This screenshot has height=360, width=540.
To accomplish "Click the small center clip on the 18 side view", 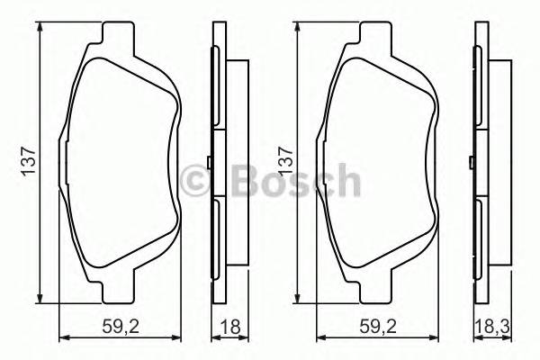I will coord(209,162).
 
